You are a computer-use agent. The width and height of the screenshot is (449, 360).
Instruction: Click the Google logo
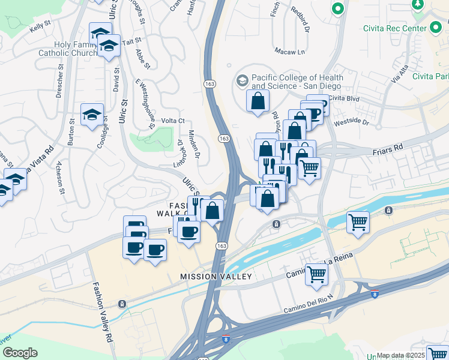[20, 353]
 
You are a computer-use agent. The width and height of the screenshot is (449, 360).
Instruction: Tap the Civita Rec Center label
[394, 29]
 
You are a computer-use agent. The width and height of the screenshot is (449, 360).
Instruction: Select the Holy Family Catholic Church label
[75, 49]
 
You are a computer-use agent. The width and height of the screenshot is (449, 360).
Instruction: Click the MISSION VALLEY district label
[217, 277]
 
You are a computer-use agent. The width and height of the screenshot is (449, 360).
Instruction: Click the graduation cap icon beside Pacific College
[242, 80]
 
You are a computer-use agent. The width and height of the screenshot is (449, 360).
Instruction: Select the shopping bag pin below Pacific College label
[258, 101]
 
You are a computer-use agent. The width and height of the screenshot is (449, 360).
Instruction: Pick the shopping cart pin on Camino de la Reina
[316, 274]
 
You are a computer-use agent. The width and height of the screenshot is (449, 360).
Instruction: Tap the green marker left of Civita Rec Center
[338, 10]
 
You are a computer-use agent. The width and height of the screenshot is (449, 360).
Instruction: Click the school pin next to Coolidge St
[92, 115]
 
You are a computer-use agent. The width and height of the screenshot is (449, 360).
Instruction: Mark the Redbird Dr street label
[303, 20]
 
